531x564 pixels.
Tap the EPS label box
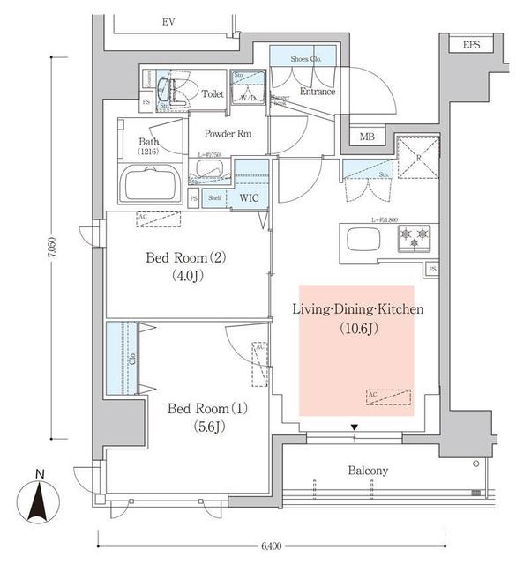click(x=471, y=45)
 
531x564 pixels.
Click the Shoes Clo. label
click(x=305, y=59)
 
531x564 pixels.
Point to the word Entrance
click(x=318, y=92)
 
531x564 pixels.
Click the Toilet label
click(x=213, y=93)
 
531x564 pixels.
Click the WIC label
click(x=249, y=198)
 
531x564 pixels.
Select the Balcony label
click(x=368, y=471)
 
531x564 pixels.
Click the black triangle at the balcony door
click(x=355, y=429)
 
